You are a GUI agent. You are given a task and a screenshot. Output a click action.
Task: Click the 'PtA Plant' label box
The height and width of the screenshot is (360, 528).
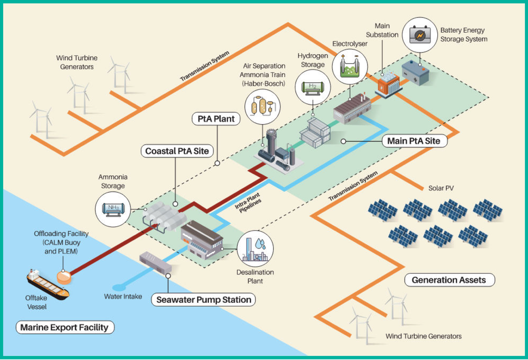tap(216, 119)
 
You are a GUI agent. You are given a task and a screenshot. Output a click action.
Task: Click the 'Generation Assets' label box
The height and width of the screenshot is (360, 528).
tap(449, 280)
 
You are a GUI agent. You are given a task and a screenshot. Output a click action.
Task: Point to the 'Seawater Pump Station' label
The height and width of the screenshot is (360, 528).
tap(203, 300)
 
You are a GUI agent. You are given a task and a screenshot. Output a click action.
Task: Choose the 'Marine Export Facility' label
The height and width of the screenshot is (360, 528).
tap(64, 327)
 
